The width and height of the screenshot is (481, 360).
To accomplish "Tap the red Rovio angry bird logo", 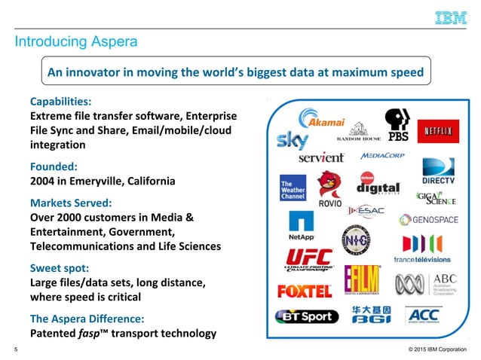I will [327, 189].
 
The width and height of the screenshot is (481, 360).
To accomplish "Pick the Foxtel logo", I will [305, 290].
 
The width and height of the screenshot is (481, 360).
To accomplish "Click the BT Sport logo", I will [307, 316].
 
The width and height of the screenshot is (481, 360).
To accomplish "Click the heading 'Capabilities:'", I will [62, 101].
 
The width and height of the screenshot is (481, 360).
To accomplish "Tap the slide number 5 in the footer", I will [17, 349].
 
